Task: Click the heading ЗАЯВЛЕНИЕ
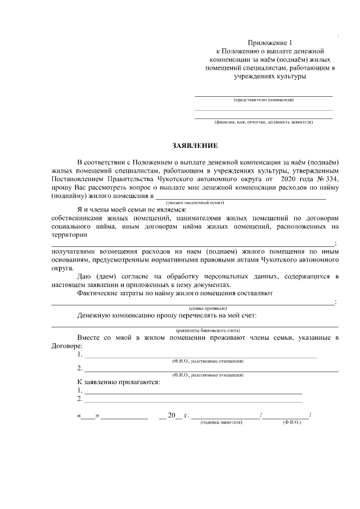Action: [179, 145]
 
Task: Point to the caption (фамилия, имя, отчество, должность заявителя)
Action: [263, 121]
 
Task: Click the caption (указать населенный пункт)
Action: [195, 202]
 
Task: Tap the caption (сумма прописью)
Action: [208, 308]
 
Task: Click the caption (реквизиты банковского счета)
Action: [208, 330]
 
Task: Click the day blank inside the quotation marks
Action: [88, 417]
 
